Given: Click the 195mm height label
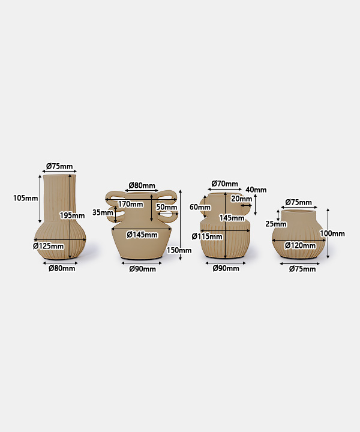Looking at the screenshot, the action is tap(72, 215).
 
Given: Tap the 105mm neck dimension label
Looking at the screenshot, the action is tap(26, 198).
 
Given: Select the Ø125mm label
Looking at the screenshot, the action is tap(49, 246).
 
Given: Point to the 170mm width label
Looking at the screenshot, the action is tap(131, 204).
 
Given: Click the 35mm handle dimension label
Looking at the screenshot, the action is tap(103, 212).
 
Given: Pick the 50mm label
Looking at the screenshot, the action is tap(167, 207).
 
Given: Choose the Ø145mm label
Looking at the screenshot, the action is tap(142, 235).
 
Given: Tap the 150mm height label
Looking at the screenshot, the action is tap(179, 250).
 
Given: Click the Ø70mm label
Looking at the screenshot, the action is tap(225, 184).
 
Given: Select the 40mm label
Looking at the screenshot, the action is tap(256, 190).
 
